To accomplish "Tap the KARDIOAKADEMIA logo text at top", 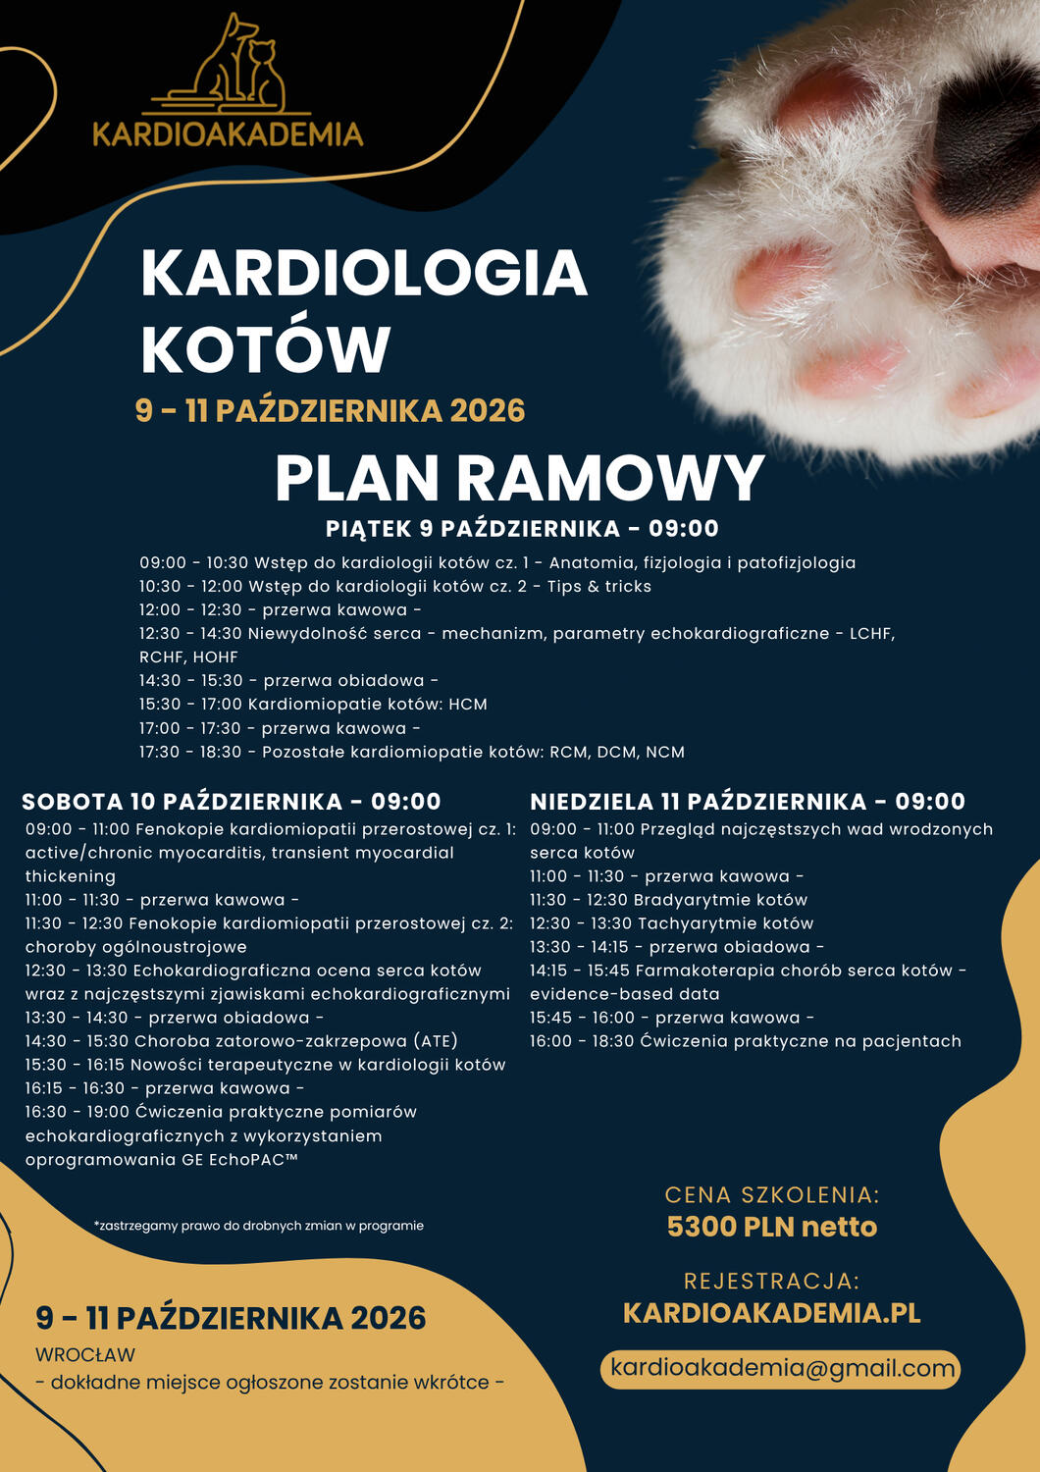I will pos(228,134).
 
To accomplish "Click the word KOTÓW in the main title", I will pos(266,349).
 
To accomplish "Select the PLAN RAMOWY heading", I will pos(519,479).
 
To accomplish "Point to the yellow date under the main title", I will pos(330,410).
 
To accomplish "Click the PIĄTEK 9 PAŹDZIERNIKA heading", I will pos(522,529).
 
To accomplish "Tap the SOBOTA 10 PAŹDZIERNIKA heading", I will pos(232,802).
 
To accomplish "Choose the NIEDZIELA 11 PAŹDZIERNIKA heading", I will pos(747,802).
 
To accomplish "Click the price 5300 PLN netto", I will pos(771,1227).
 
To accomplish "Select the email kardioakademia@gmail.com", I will pos(782,1368).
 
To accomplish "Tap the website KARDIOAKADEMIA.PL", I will pos(771,1313).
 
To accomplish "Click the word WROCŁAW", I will pos(85,1355).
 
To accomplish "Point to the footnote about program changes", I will pos(259,1226).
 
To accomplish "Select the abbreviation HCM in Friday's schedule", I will pos(468,705).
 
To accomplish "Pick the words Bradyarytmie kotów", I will pos(720,900).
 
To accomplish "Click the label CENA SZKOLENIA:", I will pos(771,1195).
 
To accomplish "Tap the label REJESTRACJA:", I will pos(771,1282).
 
